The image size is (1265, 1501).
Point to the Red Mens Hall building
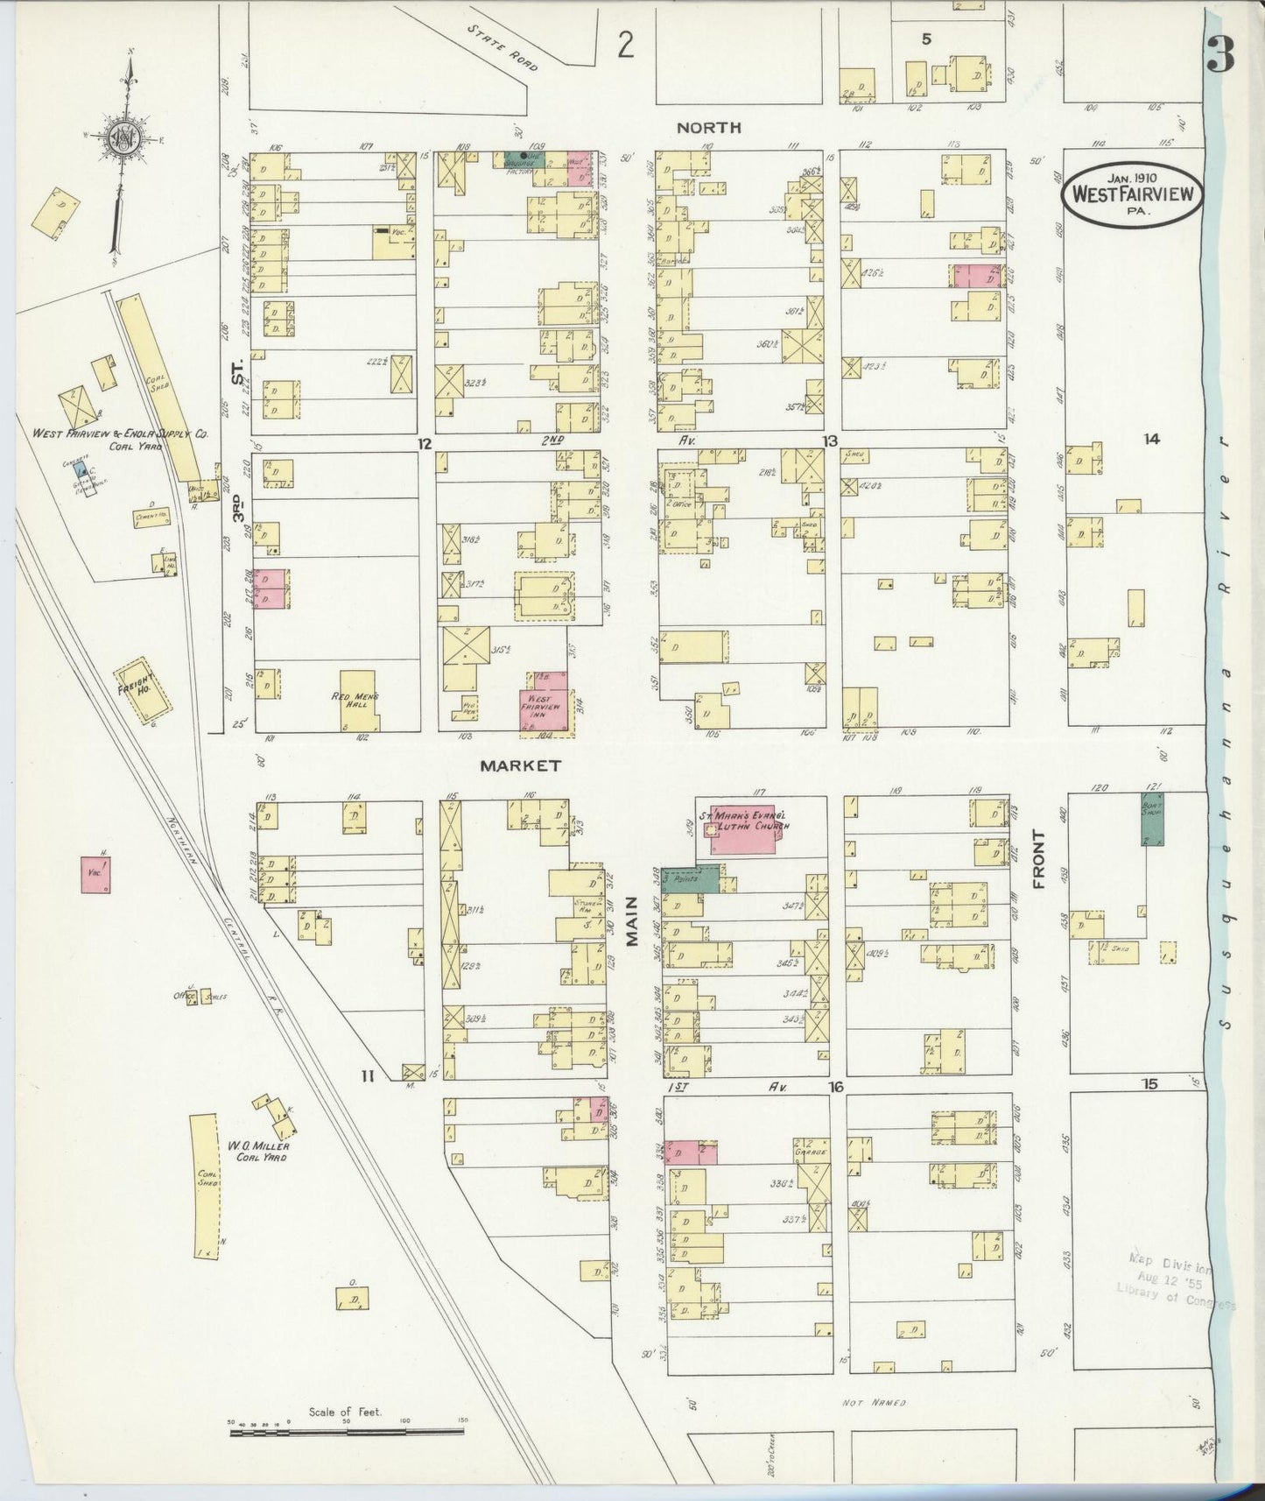(x=359, y=701)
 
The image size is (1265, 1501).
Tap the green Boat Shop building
(x=1152, y=819)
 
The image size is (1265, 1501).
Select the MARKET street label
(x=520, y=765)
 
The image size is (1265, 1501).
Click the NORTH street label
(x=708, y=128)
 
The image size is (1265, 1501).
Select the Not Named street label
(x=873, y=1402)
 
